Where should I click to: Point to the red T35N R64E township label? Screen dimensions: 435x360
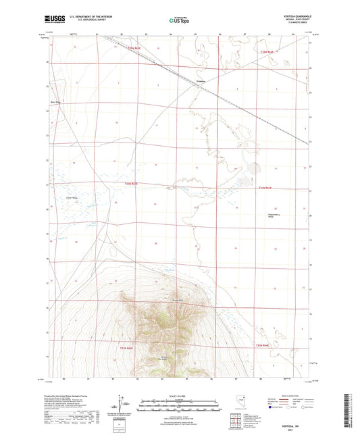pos(269,51)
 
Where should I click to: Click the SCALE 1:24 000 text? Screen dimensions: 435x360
pos(180,395)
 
